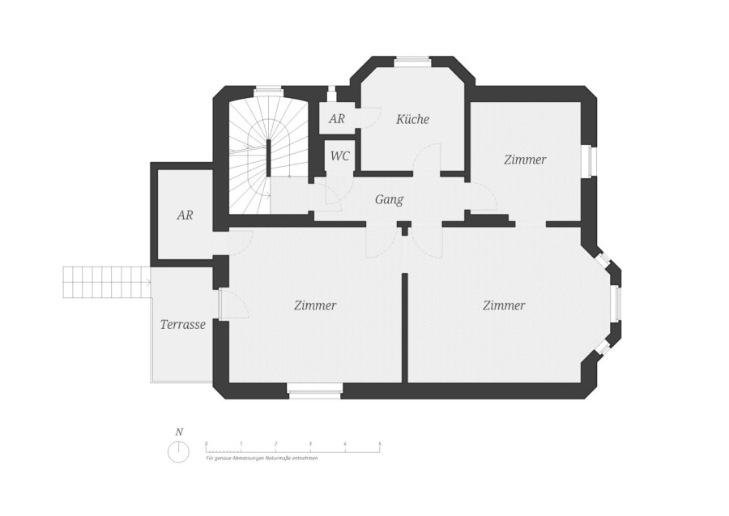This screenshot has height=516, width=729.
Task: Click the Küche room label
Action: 412,119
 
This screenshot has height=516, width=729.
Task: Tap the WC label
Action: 340,156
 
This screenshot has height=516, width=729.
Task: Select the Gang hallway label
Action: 389,200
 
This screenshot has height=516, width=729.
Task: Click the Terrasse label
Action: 183,325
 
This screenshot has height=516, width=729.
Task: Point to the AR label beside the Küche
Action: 337,119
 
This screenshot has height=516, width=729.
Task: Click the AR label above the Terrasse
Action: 185,215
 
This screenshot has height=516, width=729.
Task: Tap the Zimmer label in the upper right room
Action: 525,160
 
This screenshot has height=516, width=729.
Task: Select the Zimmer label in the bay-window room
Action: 504,305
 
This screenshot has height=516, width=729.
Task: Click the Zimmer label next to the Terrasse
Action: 315,305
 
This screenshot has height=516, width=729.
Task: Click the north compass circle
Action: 178,452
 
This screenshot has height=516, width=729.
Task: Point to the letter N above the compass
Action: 179,432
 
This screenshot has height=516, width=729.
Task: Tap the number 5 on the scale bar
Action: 380,444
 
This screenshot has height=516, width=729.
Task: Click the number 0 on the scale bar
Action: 207,444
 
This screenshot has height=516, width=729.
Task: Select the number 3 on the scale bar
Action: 310,444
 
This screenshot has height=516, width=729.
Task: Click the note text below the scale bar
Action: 262,458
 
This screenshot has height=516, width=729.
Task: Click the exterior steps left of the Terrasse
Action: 107,282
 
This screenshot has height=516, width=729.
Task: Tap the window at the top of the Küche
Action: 413,59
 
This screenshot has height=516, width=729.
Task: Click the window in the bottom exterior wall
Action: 315,391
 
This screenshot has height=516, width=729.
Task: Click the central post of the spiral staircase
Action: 268,158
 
